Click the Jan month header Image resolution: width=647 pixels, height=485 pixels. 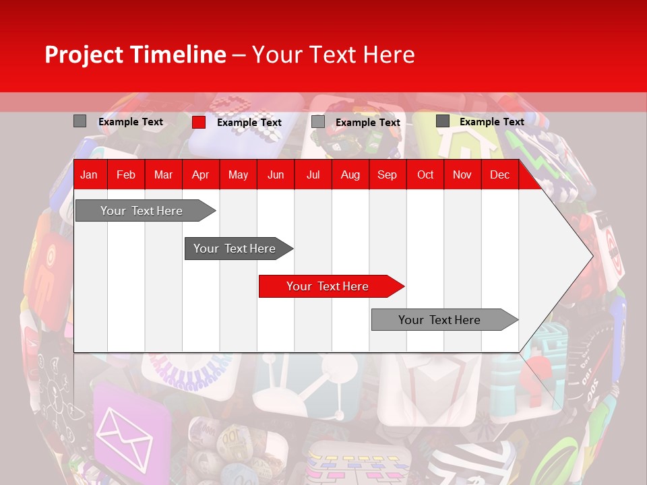[x=89, y=175]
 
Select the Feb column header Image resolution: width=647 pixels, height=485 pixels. [x=126, y=175]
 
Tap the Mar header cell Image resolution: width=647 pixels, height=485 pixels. [x=163, y=175]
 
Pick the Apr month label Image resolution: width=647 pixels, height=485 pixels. [x=200, y=175]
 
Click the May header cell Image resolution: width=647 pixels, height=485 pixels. [x=238, y=175]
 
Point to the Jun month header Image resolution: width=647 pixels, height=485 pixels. [x=276, y=175]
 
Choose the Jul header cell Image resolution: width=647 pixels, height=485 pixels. [x=313, y=175]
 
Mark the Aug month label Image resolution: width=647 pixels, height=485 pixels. [x=350, y=175]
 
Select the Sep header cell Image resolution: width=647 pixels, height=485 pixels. [x=387, y=175]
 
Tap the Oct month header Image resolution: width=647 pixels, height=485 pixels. [x=425, y=175]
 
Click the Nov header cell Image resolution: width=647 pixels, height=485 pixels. [x=462, y=175]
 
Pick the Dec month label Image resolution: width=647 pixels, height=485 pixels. [x=499, y=175]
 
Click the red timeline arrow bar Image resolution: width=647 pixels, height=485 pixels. [x=330, y=286]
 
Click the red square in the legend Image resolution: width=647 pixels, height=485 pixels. [x=199, y=122]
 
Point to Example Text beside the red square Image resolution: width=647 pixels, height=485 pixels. [x=249, y=123]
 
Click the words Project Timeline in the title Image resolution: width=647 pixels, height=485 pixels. [x=135, y=55]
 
